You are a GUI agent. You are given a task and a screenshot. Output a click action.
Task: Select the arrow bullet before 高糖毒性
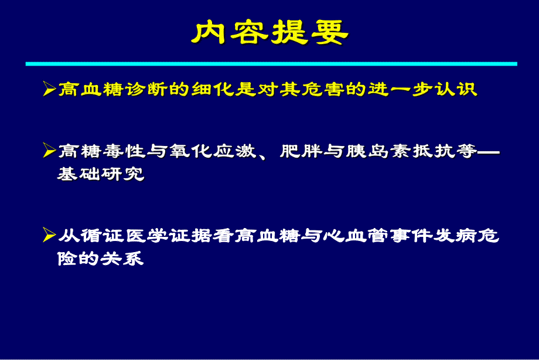tap(50, 151)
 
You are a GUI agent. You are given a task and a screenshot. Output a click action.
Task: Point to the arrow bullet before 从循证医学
tap(50, 236)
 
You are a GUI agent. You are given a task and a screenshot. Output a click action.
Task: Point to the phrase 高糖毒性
tap(101, 151)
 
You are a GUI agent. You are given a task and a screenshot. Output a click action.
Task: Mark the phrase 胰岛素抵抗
tap(394, 151)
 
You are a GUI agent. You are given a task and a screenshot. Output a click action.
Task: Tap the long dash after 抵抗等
tap(489, 151)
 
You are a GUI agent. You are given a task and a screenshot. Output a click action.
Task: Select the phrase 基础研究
tap(101, 174)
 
